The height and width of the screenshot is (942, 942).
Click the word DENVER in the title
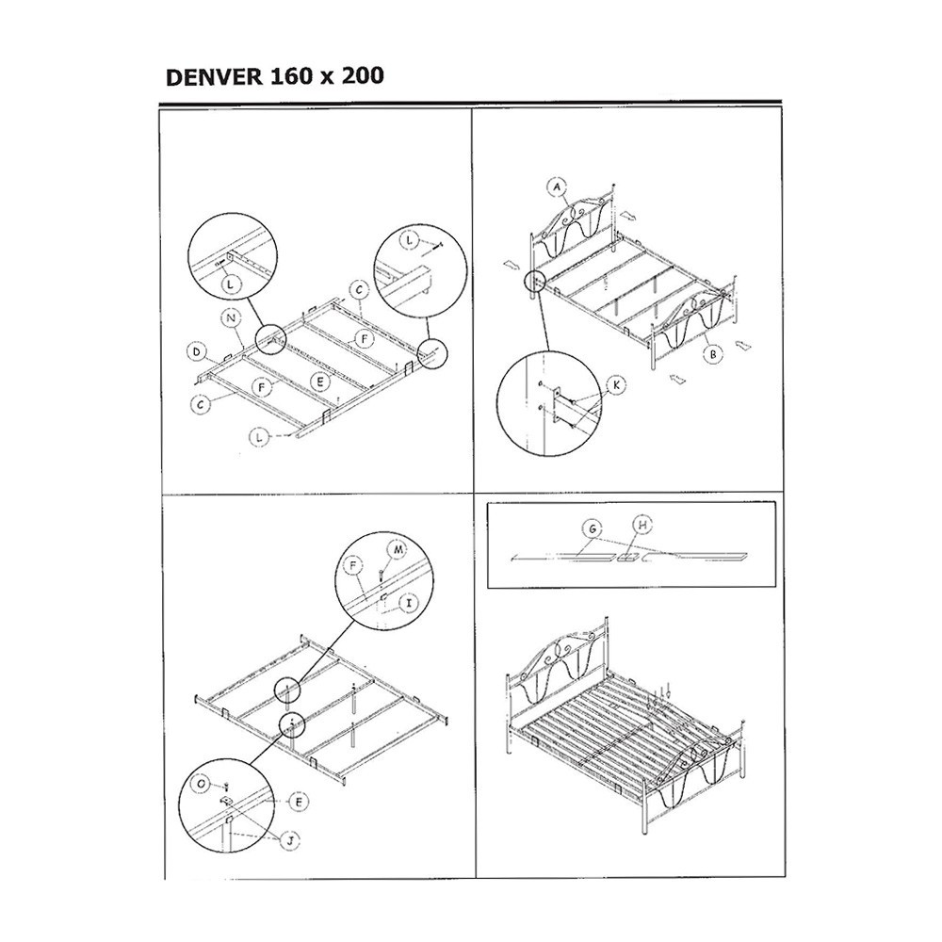tap(215, 77)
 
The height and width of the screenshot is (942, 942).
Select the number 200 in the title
tap(363, 76)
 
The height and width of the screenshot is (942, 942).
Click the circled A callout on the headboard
tap(557, 187)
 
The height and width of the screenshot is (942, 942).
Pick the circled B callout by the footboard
tap(713, 354)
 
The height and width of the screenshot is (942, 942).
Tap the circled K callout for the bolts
tap(616, 385)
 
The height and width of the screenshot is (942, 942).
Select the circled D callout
tap(197, 352)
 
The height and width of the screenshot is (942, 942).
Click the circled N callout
tap(232, 318)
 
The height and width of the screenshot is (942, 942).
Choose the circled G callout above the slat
tap(593, 529)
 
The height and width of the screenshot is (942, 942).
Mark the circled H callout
tap(642, 525)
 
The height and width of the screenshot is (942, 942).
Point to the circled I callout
tap(409, 602)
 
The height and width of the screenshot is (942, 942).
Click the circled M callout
tap(398, 549)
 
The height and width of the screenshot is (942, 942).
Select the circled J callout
tap(290, 841)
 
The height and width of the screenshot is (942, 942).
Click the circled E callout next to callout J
tap(299, 802)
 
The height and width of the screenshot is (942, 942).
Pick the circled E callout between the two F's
tap(320, 381)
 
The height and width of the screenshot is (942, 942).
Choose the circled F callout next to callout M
tap(352, 566)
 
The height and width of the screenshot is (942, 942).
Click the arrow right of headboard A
tap(629, 215)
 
